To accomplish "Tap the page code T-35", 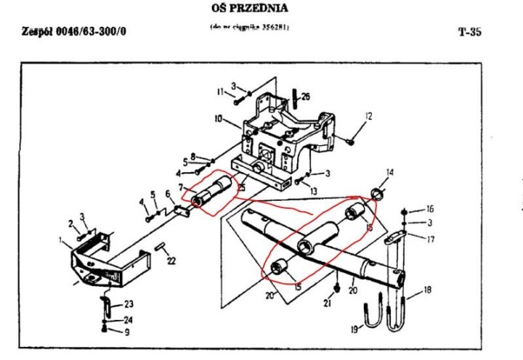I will click(470, 32).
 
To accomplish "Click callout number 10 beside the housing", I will click(217, 118).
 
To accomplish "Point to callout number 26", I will click(306, 97).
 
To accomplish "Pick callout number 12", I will click(368, 116).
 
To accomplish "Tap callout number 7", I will click(181, 188).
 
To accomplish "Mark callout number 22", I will click(171, 261).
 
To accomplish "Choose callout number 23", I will click(129, 303).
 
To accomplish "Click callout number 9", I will click(127, 332).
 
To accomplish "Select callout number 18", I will click(427, 290).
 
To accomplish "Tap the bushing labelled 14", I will click(378, 193).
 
